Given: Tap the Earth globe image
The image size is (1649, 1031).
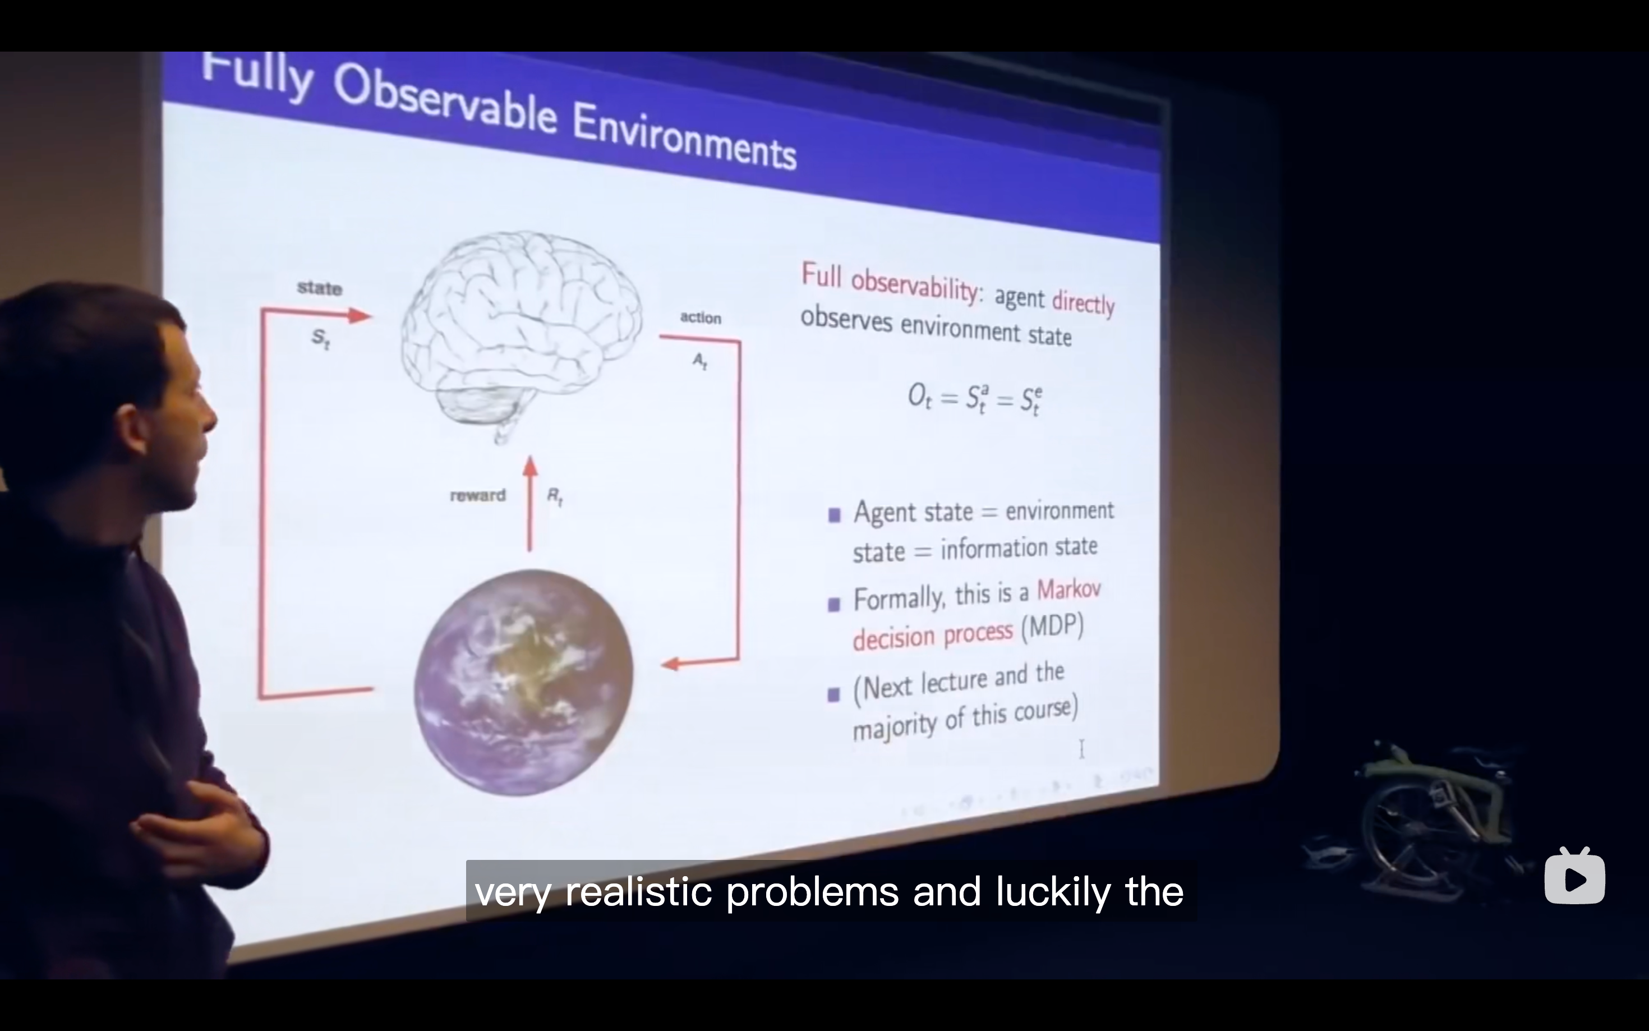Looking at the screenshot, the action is click(x=523, y=683).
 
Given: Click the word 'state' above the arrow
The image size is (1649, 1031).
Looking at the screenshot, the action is click(x=320, y=288).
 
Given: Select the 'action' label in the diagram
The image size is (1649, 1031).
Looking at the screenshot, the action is click(x=700, y=317).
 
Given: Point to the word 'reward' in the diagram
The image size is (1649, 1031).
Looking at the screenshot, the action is click(x=478, y=496).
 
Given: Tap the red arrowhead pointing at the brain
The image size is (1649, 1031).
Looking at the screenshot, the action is click(x=360, y=315).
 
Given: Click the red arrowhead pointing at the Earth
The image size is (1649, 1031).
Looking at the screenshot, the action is click(x=671, y=664).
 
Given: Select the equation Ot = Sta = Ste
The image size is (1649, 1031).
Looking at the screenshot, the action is click(x=975, y=398).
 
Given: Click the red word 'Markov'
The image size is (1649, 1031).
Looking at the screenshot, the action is click(x=1068, y=588).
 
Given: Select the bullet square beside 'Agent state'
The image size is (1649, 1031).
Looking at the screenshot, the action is click(x=833, y=515).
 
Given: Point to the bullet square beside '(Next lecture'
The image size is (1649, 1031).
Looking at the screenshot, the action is click(x=833, y=694).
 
